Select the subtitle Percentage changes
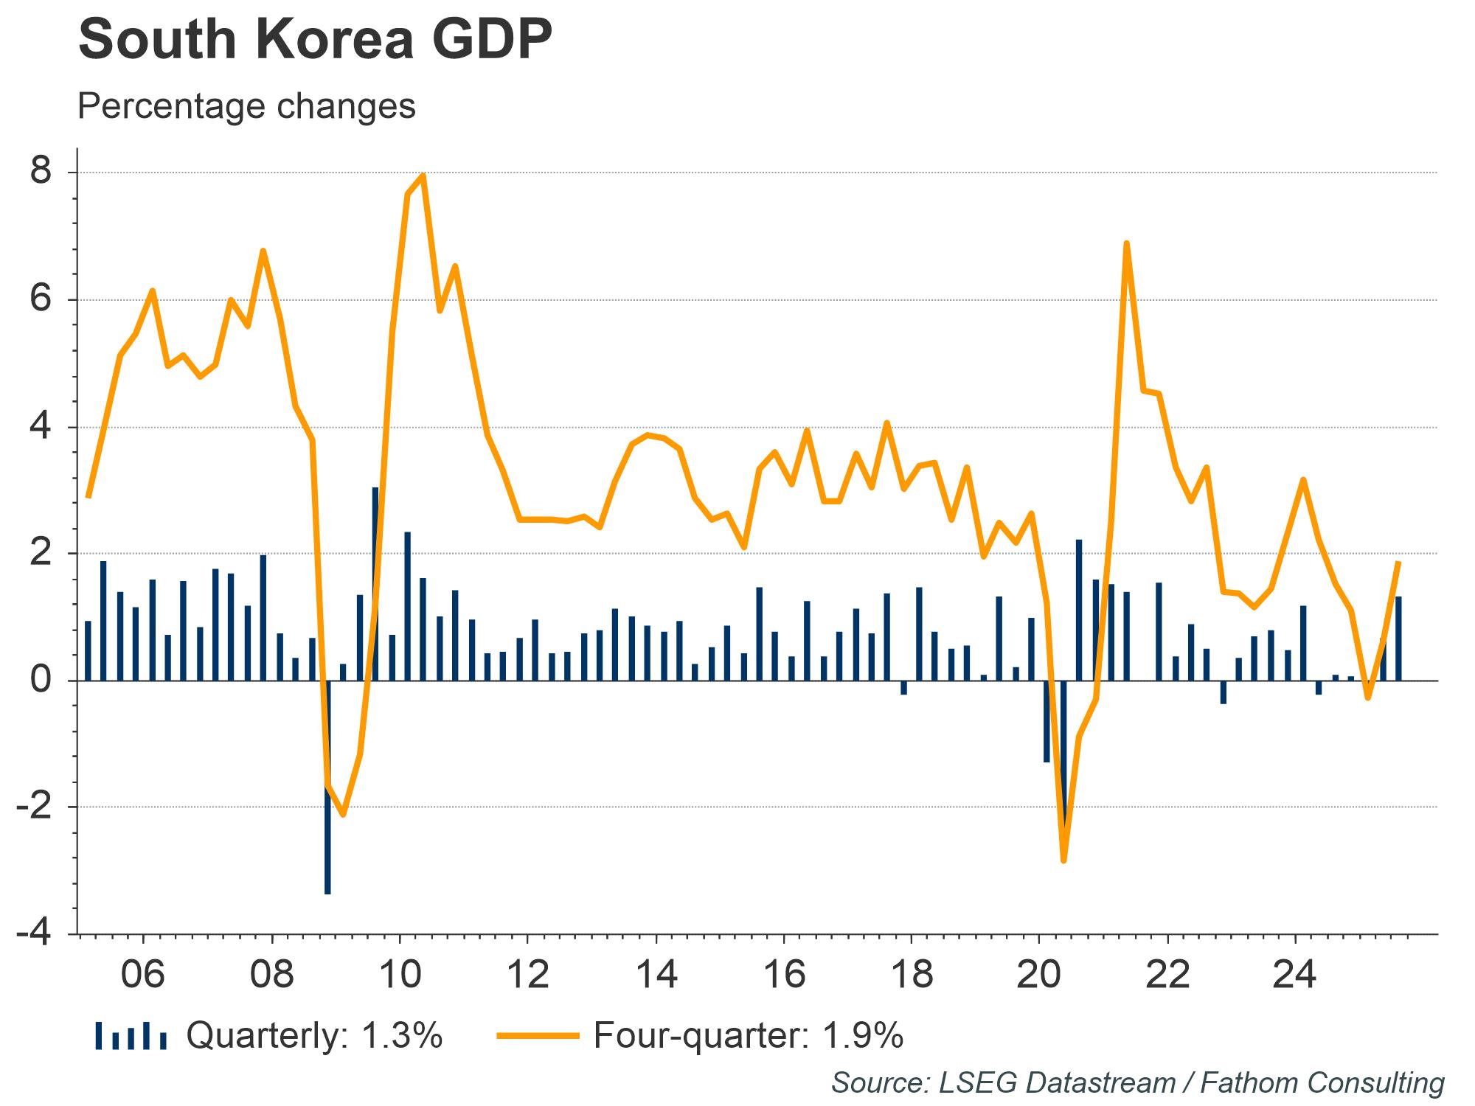pos(246,105)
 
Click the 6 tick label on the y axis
pos(41,299)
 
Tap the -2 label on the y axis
pos(35,807)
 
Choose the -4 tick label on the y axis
pos(35,934)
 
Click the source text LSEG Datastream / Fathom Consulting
pos(1137,1082)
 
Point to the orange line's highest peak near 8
pos(423,175)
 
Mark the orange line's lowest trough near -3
pos(1063,860)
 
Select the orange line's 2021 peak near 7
pos(1126,243)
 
